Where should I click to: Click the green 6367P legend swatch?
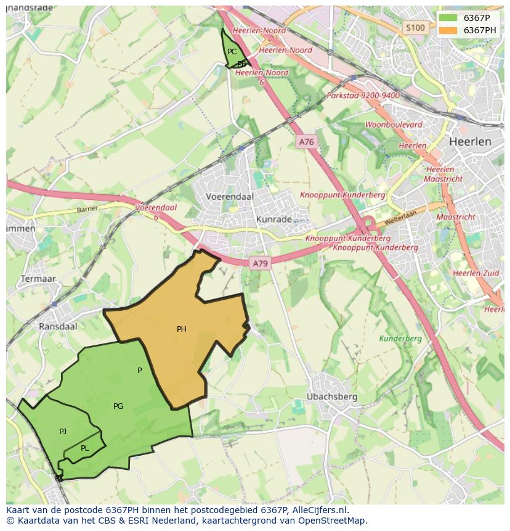point(448,18)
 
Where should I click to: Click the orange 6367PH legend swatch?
point(448,30)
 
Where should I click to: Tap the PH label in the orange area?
point(182,329)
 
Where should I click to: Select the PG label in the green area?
point(118,406)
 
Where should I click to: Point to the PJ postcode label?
point(63,432)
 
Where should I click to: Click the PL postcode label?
point(85,448)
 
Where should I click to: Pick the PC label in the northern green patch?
point(232,52)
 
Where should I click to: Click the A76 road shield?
point(306,142)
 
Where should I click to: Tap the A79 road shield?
point(260,263)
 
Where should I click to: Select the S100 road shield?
point(415,28)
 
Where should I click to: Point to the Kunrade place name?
point(273,220)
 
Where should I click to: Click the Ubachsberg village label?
point(332,397)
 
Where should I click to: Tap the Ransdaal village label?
point(58,326)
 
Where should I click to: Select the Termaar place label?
point(38,279)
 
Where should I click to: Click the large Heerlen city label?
point(470,141)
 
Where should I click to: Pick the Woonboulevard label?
point(394,125)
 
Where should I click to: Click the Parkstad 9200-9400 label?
point(363,96)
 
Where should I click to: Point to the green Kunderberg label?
point(400,339)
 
